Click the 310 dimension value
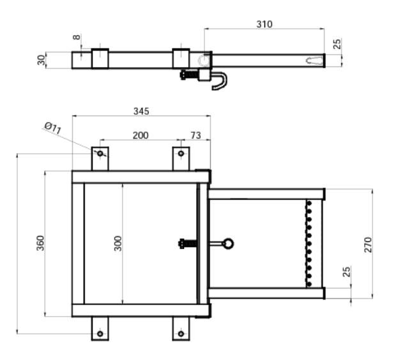(264, 24)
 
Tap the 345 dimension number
(141, 111)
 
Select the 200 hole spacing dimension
(141, 135)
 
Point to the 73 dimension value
(195, 135)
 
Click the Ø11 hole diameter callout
(53, 128)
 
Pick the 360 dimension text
(40, 243)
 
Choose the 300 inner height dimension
(118, 243)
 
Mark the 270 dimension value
(368, 245)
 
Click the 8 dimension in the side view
(77, 37)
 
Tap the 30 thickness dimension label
(41, 60)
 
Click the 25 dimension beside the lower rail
(347, 271)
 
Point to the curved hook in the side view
(220, 81)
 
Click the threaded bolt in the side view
(189, 75)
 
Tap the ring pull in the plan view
(227, 244)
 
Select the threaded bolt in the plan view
(188, 244)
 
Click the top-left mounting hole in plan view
(100, 153)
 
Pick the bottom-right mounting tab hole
(181, 334)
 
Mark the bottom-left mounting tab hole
(100, 334)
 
